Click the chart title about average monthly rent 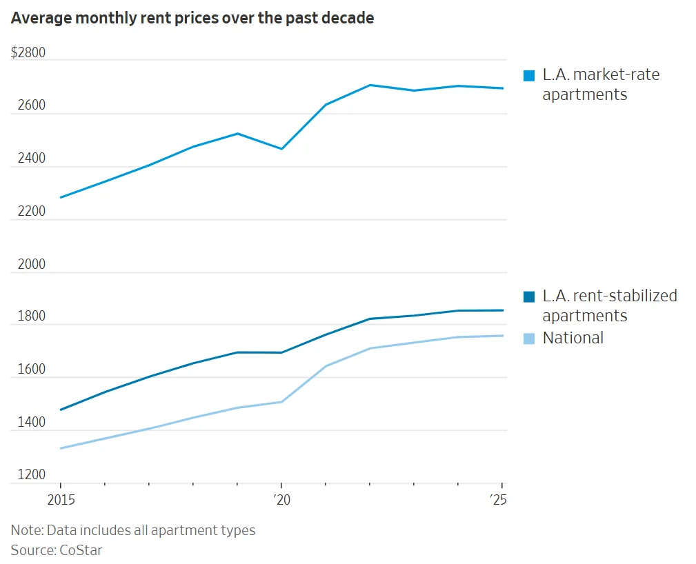click(x=192, y=19)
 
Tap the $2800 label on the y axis click(x=28, y=53)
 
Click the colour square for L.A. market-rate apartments click(x=529, y=76)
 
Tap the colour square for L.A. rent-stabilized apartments click(x=529, y=297)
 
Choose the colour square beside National click(x=529, y=339)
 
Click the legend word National click(x=573, y=338)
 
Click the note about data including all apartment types click(x=133, y=530)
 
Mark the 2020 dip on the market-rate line click(x=281, y=149)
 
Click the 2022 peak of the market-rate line click(x=370, y=85)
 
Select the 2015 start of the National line click(x=61, y=448)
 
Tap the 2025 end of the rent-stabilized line click(x=502, y=310)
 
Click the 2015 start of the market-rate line click(x=61, y=197)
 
